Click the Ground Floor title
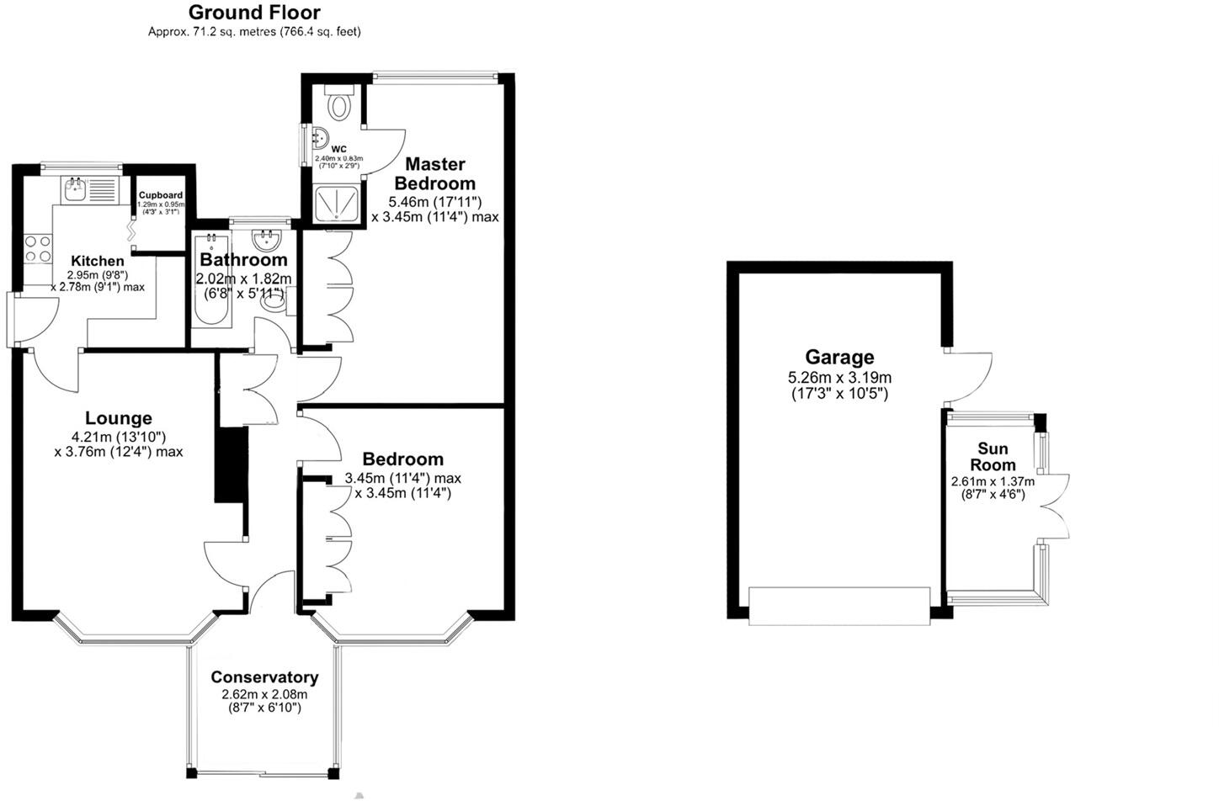254,13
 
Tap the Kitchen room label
97,261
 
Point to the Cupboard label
161,195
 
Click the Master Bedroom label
435,174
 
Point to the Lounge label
119,418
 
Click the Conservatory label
264,677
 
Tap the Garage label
839,358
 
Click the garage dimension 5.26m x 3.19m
839,378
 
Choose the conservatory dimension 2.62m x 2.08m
264,695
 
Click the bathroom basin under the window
267,240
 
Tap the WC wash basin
318,137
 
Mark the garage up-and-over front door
839,606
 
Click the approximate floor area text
254,32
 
